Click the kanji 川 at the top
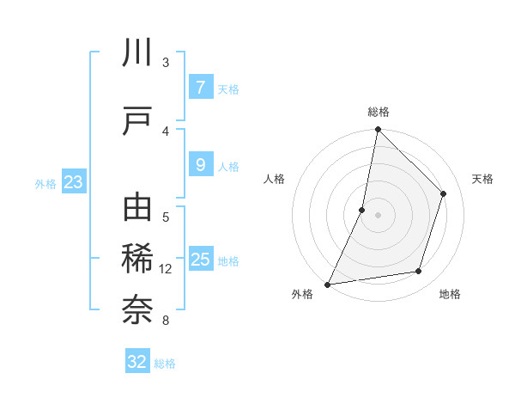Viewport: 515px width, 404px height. click(137, 53)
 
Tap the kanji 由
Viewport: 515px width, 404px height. click(137, 210)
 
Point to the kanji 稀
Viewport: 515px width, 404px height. click(137, 259)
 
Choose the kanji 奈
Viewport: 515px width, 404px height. click(137, 309)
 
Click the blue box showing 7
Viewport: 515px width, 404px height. click(200, 87)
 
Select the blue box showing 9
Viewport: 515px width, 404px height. click(200, 165)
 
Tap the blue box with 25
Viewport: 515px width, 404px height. click(200, 260)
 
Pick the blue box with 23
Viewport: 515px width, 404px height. click(73, 182)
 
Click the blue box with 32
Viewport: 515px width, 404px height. click(137, 362)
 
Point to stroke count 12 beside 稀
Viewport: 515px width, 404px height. click(166, 269)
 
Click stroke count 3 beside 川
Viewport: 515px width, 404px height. click(166, 62)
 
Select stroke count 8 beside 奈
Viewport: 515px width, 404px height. click(166, 321)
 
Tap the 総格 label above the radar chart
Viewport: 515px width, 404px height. click(379, 112)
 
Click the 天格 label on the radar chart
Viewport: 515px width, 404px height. click(483, 179)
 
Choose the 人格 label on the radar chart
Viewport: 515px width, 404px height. click(274, 179)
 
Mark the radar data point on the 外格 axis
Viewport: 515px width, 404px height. click(327, 284)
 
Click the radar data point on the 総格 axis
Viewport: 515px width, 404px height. click(378, 130)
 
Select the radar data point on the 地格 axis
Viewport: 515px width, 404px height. click(419, 271)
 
